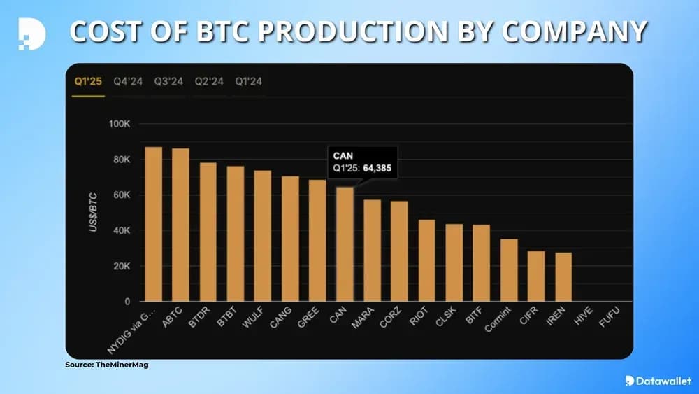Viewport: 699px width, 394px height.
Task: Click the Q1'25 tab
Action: point(88,82)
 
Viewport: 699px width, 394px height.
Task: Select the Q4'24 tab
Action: point(129,82)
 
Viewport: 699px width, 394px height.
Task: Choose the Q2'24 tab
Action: point(209,82)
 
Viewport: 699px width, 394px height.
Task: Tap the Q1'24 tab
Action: point(250,82)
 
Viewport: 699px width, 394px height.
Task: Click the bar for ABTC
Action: point(180,225)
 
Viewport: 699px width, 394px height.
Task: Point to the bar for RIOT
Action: point(426,260)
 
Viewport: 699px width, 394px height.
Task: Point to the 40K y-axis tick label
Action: point(120,231)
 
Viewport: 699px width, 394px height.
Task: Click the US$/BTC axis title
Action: point(93,213)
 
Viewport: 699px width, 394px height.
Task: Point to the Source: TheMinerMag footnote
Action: point(108,365)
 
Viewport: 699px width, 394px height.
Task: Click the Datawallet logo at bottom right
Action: point(654,381)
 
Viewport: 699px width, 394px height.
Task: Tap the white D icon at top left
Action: point(31,32)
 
